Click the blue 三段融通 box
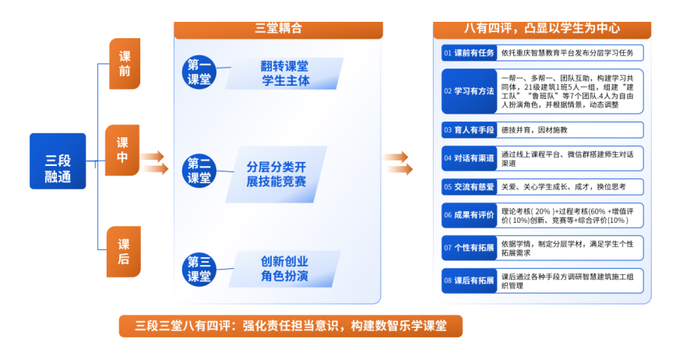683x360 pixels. (58, 161)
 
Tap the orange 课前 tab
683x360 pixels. (125, 64)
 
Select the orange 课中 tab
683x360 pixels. (122, 150)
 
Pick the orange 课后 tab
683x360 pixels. (124, 252)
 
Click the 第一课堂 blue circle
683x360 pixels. (199, 72)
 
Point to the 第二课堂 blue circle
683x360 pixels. (199, 171)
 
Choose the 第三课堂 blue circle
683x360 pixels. (199, 270)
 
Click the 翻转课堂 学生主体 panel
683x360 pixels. (284, 73)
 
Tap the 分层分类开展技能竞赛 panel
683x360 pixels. (276, 175)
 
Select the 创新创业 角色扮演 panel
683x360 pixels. (284, 269)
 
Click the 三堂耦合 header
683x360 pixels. (278, 30)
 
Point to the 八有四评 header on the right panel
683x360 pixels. (542, 30)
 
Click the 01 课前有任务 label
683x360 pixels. (469, 53)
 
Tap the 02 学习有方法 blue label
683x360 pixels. (469, 91)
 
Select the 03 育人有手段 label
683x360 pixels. (469, 130)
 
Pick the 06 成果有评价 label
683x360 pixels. (469, 215)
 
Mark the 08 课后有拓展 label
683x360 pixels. (469, 281)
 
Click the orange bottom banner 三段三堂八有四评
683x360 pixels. (290, 326)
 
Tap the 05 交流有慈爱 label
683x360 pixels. (469, 187)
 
